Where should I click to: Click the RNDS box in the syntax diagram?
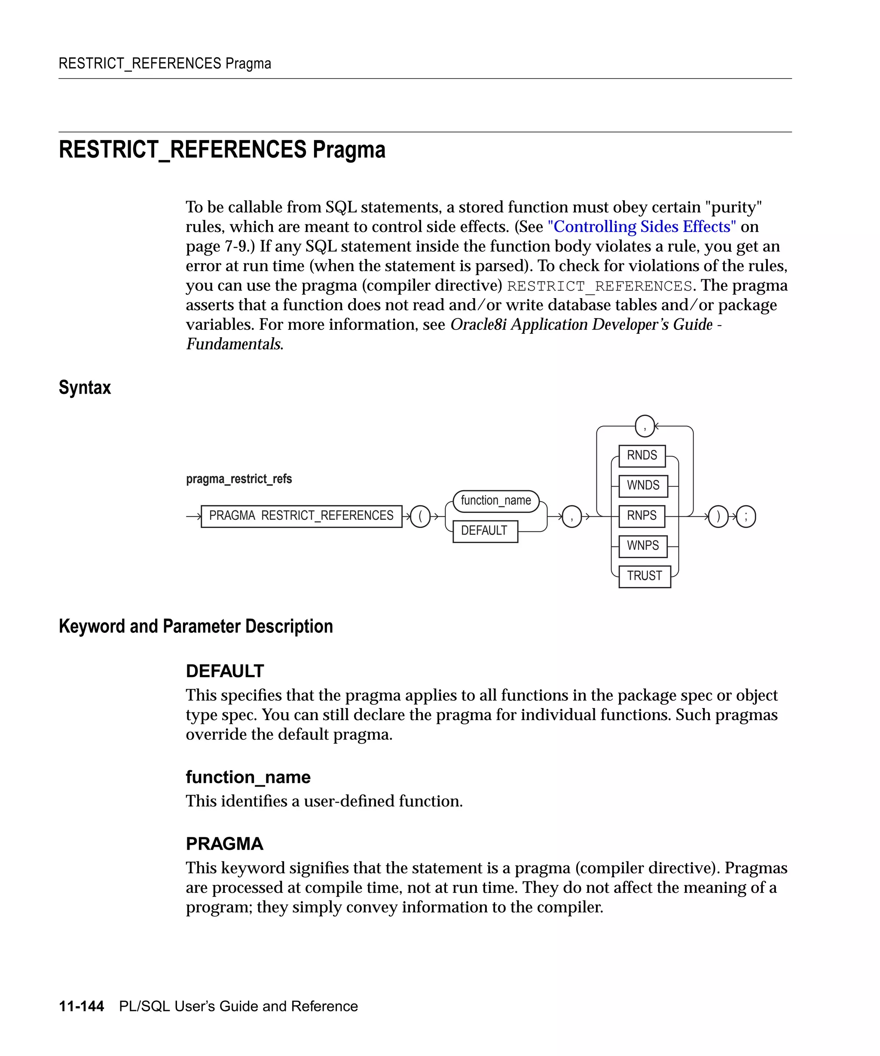[642, 455]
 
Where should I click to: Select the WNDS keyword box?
[643, 486]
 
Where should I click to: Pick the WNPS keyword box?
[643, 546]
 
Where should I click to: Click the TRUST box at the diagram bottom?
[644, 576]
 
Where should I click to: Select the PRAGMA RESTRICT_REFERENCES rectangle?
[301, 516]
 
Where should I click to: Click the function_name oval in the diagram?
[496, 501]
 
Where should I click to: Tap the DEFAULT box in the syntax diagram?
[485, 531]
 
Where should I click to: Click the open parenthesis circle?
[420, 516]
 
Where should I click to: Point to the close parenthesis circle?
[718, 516]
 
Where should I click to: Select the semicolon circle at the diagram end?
[746, 516]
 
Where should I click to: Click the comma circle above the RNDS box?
[645, 427]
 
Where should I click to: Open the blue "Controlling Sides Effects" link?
[642, 227]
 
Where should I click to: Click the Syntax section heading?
[85, 388]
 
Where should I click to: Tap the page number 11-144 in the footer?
[82, 1006]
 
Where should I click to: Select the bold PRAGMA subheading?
[224, 844]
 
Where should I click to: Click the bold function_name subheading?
[248, 777]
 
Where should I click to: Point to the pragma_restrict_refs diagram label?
[239, 479]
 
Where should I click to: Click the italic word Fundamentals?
[234, 344]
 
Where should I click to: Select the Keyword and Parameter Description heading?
[196, 626]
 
